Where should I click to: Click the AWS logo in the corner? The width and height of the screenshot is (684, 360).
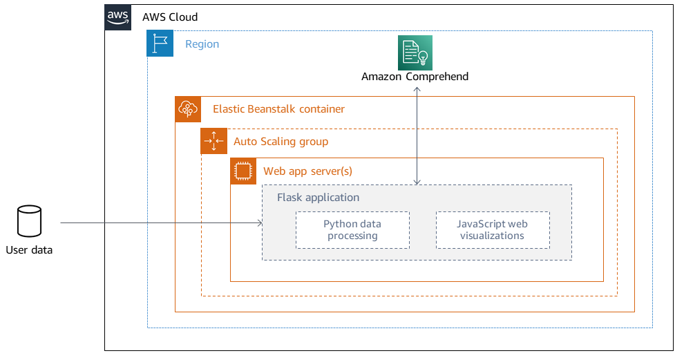(x=117, y=17)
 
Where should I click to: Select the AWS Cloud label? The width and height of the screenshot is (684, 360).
(x=170, y=17)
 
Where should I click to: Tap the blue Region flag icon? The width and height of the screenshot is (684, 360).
(x=160, y=44)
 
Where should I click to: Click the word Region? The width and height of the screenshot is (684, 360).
(x=202, y=44)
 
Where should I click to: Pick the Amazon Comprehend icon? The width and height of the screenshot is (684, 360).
(x=415, y=53)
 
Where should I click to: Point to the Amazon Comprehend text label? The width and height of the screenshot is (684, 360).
(x=415, y=77)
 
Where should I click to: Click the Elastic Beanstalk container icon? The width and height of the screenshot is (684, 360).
(x=188, y=109)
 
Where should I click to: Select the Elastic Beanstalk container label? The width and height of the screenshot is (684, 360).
(x=278, y=109)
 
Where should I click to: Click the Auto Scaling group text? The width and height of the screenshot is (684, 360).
(x=281, y=142)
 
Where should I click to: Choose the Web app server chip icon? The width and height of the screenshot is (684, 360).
(x=243, y=171)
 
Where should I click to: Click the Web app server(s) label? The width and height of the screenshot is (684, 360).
(x=308, y=171)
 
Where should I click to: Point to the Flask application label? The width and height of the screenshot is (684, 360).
(x=318, y=198)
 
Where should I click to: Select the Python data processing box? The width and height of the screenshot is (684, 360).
(x=352, y=230)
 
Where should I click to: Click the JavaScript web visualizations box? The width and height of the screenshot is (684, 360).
(x=493, y=230)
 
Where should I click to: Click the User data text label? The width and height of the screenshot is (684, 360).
(x=29, y=250)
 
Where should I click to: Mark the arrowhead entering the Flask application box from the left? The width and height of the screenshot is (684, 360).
(x=260, y=222)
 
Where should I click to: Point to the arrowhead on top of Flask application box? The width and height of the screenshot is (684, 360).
(x=417, y=182)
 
